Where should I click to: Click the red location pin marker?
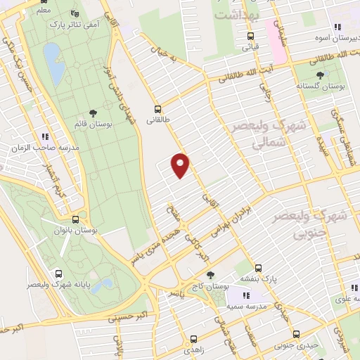181,164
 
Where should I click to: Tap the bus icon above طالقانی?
158,109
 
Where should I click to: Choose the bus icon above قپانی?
250,37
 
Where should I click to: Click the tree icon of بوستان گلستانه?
321,73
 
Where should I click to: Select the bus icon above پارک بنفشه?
258,268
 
